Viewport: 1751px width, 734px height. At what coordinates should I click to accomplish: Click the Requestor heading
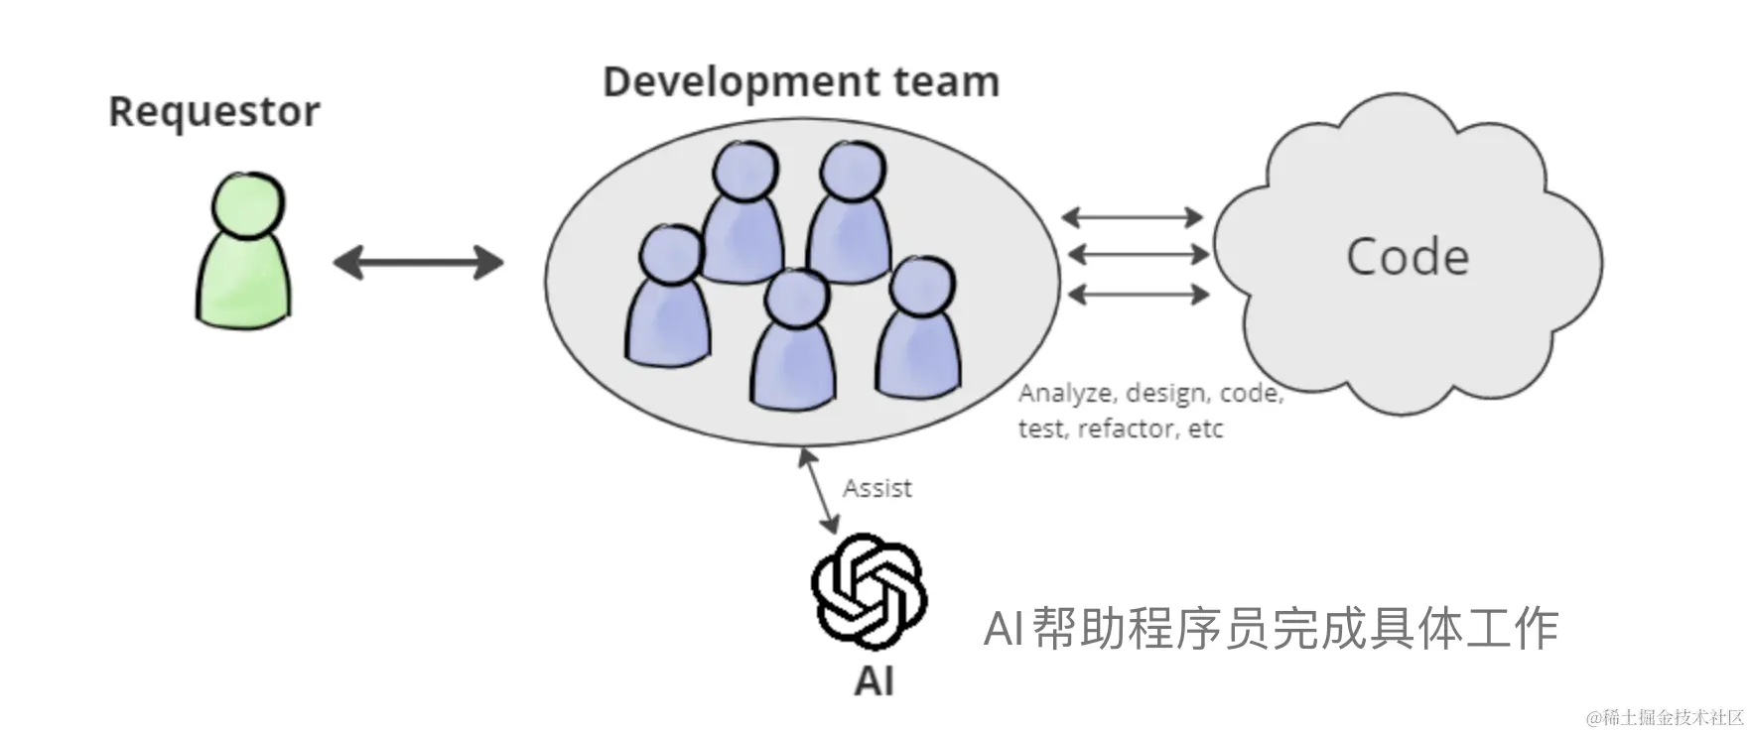click(x=214, y=112)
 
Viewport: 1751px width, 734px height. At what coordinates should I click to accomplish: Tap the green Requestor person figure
click(x=244, y=253)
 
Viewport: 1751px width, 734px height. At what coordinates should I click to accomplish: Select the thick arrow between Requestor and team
click(x=418, y=263)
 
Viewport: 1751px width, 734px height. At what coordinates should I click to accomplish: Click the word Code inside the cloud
click(x=1407, y=257)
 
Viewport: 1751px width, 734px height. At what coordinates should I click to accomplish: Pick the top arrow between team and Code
click(x=1133, y=217)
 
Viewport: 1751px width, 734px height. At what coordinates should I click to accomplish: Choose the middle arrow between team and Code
click(x=1139, y=255)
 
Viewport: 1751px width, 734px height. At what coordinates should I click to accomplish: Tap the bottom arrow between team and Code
click(x=1139, y=294)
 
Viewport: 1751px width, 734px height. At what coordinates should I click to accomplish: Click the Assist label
click(x=877, y=488)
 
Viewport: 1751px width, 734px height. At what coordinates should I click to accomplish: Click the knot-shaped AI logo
click(x=870, y=592)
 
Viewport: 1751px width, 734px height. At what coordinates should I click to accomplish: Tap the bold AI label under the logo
click(x=874, y=681)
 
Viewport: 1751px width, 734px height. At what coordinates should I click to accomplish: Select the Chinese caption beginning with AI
click(x=1271, y=629)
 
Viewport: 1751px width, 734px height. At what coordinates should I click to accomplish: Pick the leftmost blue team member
click(x=668, y=298)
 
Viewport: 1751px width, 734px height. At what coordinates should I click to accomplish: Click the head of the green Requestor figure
click(x=248, y=203)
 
